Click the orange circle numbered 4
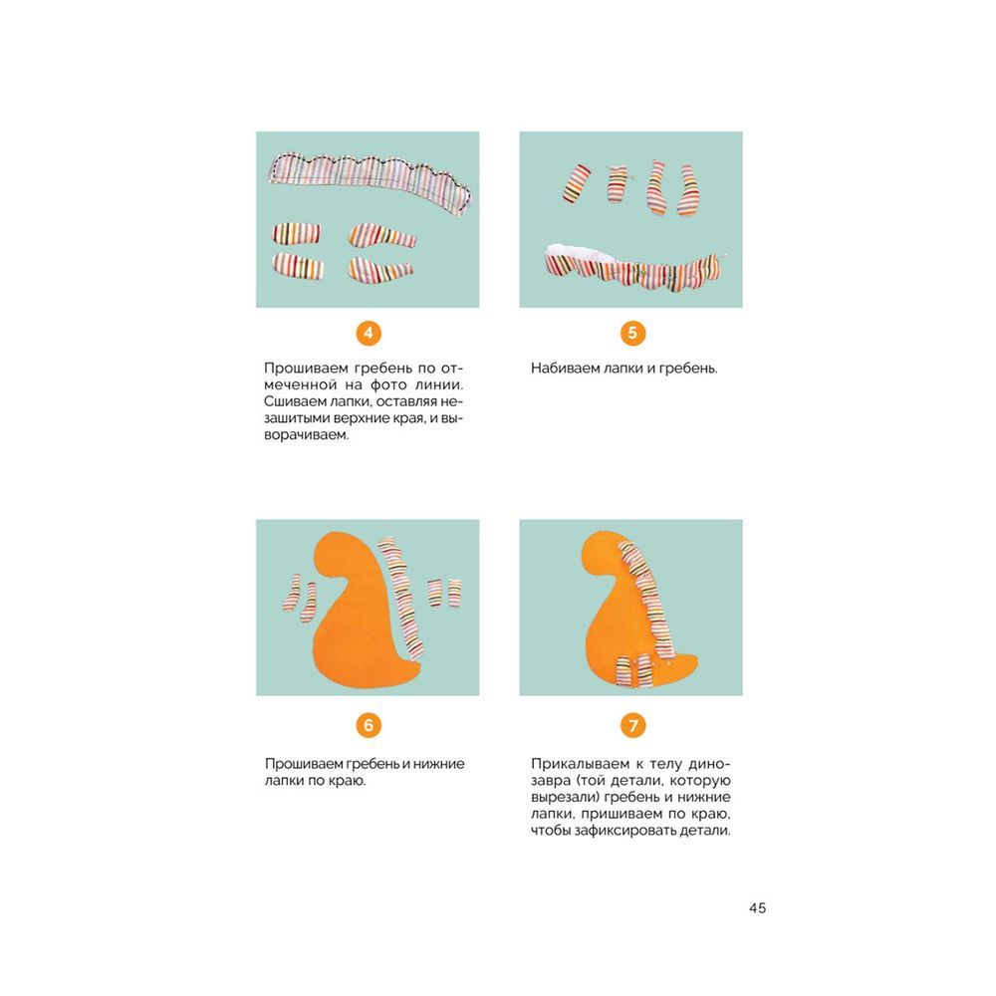point(369,333)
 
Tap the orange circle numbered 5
point(632,333)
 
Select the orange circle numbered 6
point(369,725)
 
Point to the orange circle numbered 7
point(632,725)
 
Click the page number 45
point(757,907)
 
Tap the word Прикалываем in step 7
point(580,764)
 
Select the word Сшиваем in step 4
point(287,401)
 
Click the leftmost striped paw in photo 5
point(577,183)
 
